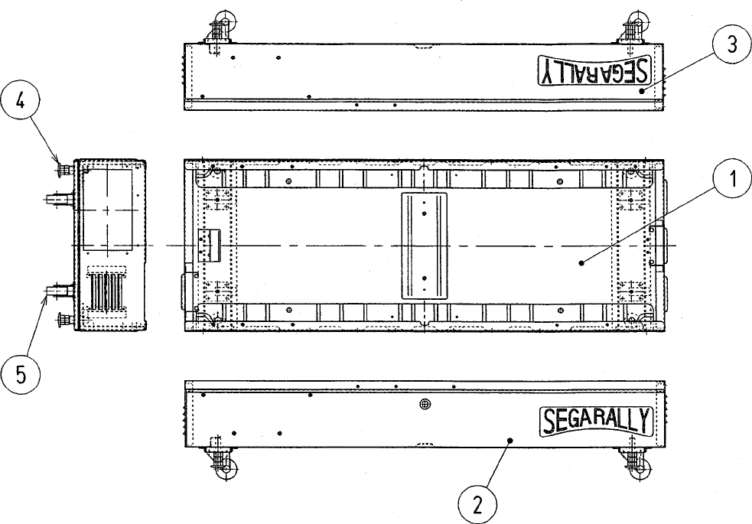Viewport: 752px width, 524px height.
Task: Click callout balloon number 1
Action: [732, 181]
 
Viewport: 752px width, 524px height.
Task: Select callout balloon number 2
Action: [477, 505]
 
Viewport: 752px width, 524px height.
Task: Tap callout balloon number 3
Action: [731, 45]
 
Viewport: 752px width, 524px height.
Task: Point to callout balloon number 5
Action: [20, 375]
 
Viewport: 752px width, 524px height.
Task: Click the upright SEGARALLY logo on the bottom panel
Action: [595, 421]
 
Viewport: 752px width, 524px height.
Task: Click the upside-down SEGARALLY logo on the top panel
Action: [594, 71]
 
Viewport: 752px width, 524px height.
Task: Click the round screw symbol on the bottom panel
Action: [426, 404]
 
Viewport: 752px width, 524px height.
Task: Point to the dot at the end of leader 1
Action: [582, 262]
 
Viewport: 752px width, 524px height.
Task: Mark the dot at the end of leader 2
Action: [511, 441]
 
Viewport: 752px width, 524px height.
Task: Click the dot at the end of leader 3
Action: [643, 90]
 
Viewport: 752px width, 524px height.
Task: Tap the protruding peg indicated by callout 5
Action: [58, 291]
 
